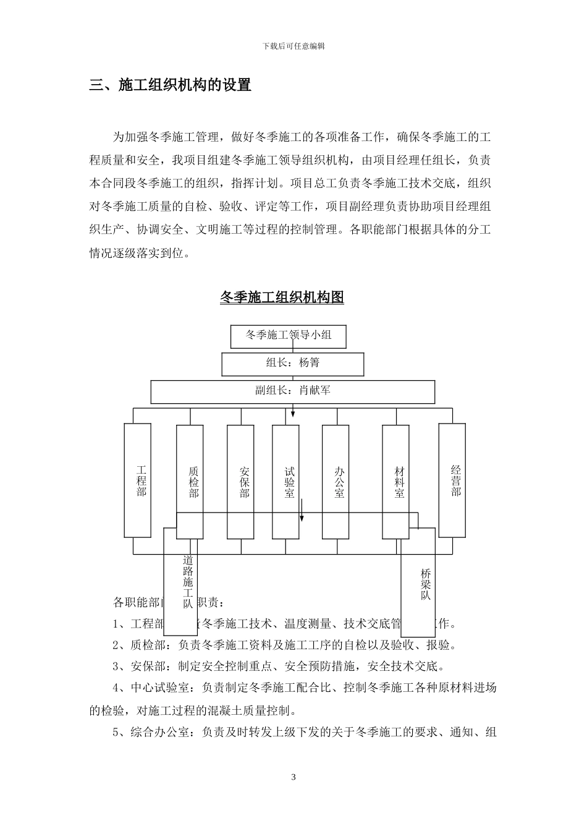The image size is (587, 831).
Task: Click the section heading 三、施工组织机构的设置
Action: point(171,85)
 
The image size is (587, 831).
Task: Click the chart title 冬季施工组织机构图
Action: point(282,297)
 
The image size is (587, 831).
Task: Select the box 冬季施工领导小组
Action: point(289,336)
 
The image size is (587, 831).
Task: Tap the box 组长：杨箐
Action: point(293,363)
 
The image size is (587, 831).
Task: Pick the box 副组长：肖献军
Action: point(293,391)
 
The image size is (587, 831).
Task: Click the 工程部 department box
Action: point(138,480)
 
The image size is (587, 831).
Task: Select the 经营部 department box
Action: point(452,480)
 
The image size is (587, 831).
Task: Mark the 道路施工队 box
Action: point(180,581)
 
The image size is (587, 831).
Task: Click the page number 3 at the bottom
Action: point(293,777)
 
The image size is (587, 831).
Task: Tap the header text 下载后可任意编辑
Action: point(293,46)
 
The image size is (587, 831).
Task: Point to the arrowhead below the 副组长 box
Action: point(293,413)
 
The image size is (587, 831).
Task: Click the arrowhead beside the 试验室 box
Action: point(302,517)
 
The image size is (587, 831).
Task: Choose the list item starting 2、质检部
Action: point(285,646)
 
